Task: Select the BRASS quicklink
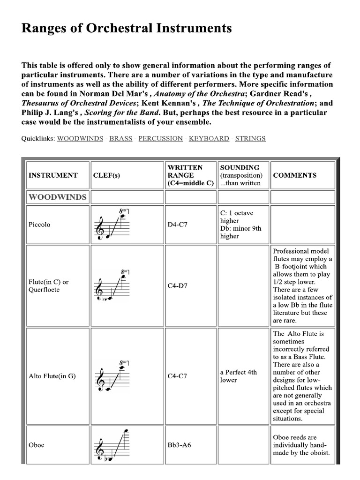120,139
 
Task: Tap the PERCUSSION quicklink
160,139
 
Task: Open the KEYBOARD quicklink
209,139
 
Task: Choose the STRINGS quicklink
250,139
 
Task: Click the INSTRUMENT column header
53,175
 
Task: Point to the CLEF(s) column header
106,175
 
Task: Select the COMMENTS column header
294,175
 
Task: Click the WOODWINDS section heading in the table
57,197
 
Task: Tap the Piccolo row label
39,225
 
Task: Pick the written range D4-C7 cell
178,225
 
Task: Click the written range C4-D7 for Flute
178,285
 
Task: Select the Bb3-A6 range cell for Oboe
180,445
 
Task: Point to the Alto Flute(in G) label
52,376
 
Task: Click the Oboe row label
37,445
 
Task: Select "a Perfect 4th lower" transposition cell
238,376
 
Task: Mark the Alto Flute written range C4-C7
178,376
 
